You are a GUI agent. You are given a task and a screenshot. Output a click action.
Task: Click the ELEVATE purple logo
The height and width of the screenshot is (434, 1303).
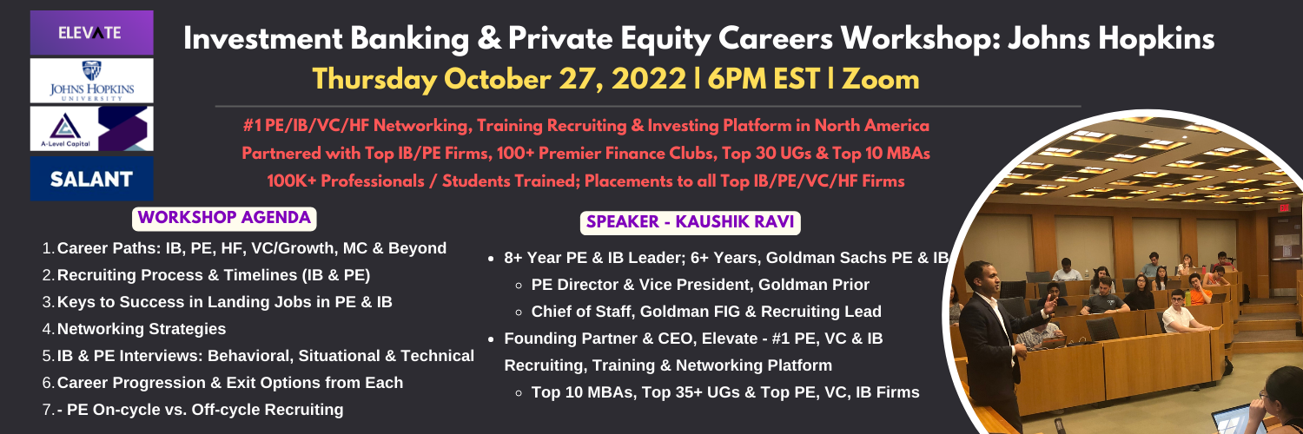point(92,32)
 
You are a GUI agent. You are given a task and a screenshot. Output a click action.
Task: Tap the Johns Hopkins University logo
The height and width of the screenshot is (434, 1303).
point(92,80)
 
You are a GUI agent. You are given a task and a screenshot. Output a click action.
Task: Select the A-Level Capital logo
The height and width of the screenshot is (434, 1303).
point(92,128)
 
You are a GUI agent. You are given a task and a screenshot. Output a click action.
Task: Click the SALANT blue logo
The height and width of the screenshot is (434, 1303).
point(92,178)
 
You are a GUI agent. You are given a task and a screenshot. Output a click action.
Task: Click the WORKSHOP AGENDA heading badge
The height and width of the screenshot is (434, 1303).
point(224,218)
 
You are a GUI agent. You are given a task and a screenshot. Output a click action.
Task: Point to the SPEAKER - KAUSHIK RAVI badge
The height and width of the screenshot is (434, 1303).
point(690,222)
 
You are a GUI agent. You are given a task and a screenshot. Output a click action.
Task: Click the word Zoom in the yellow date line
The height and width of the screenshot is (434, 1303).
point(881,79)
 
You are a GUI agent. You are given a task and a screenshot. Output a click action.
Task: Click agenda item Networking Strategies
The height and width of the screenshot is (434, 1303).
point(142,329)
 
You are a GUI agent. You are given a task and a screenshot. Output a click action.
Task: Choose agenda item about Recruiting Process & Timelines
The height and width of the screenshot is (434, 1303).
point(214,275)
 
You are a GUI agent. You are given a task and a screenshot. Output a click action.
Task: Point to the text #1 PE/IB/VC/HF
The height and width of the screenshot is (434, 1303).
point(306,126)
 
